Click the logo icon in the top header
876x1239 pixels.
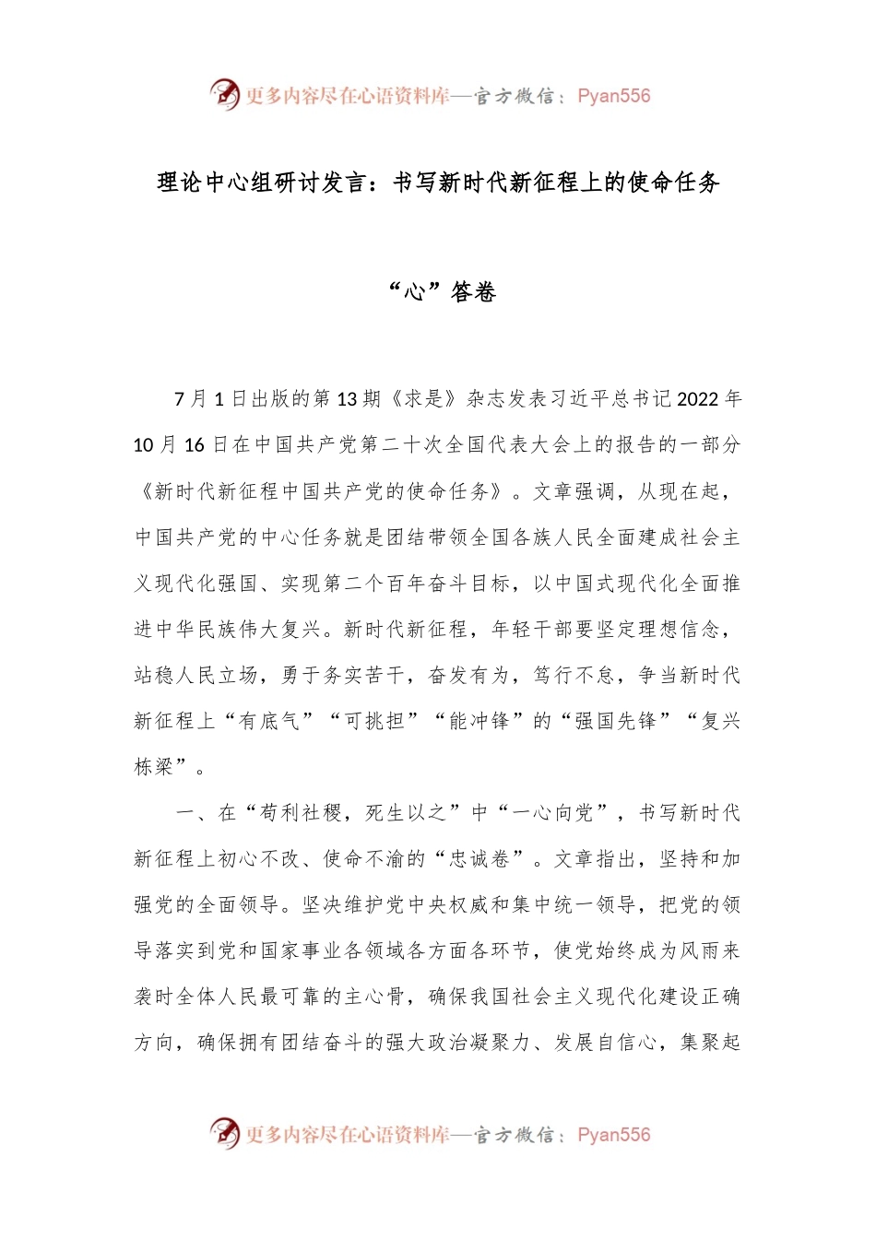pos(225,94)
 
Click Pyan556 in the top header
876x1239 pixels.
pos(613,96)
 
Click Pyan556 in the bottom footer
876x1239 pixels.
pos(613,1135)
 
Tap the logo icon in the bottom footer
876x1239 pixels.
pos(225,1133)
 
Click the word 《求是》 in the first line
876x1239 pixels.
pos(424,399)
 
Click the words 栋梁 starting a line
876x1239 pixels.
pos(154,767)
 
